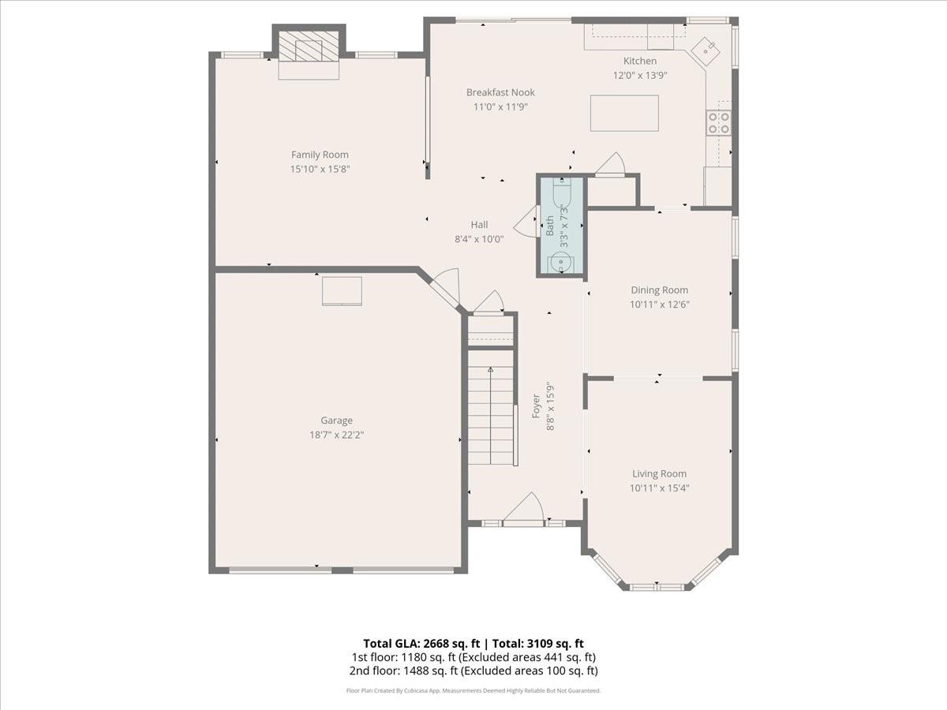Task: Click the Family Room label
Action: pos(320,155)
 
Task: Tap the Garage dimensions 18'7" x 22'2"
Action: pos(336,435)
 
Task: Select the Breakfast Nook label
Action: pos(500,92)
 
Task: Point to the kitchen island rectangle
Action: pos(624,113)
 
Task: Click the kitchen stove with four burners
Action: pos(719,123)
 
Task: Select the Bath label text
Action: pos(549,226)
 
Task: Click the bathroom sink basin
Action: pos(560,262)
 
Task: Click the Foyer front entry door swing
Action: pos(523,509)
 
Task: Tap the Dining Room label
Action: pos(659,290)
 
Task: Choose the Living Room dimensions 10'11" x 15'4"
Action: pos(659,488)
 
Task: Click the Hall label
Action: pos(479,225)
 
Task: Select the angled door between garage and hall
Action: pos(445,287)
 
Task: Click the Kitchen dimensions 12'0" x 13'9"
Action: pos(640,76)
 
